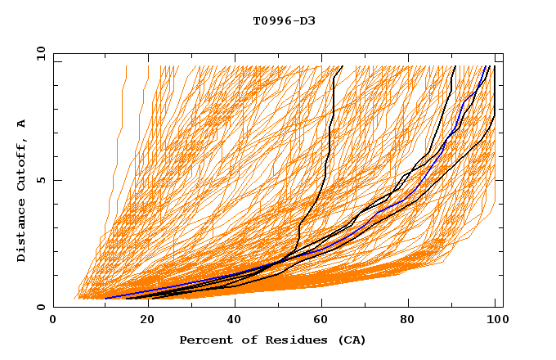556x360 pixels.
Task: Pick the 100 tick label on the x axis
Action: coord(496,321)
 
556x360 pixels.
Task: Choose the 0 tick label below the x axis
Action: coord(53,321)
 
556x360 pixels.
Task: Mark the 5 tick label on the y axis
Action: coord(40,180)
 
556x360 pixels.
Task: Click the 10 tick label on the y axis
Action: coord(37,53)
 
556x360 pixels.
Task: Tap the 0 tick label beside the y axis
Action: coord(40,307)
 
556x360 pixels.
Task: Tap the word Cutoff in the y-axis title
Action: coord(22,164)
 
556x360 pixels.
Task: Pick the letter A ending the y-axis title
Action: coord(22,123)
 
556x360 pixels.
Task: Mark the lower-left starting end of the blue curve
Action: coord(105,298)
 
